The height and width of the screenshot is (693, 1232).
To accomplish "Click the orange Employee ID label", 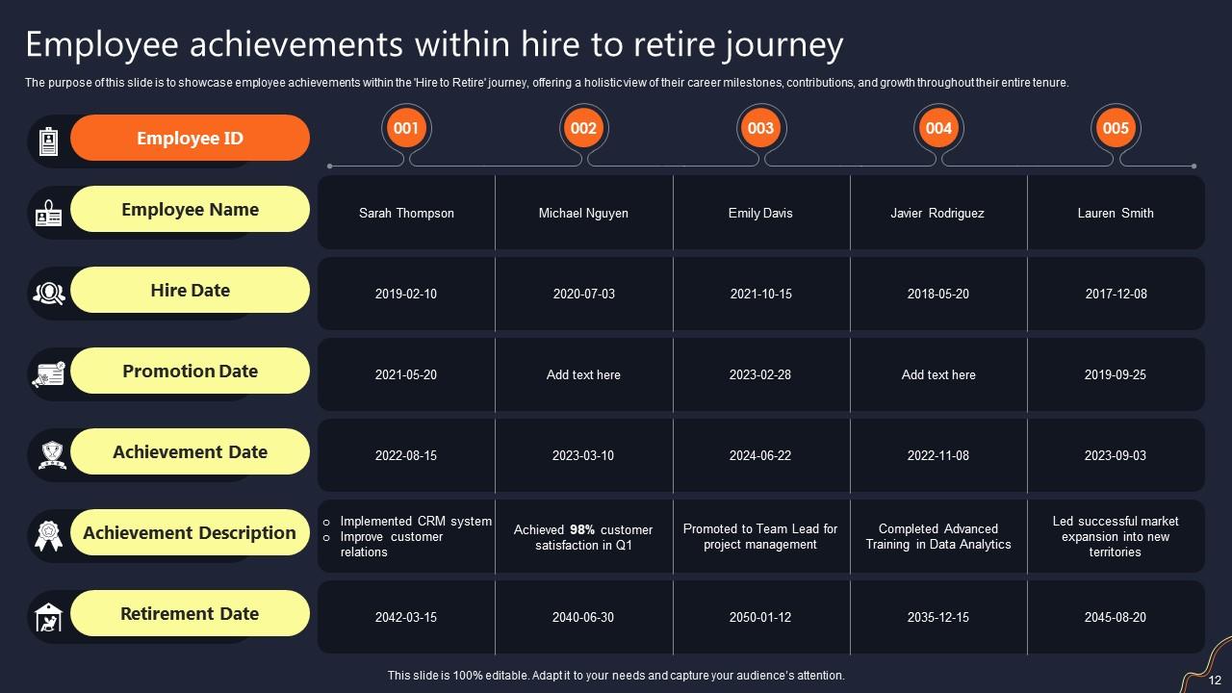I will click(x=190, y=138).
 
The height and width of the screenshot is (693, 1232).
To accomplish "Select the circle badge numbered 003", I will click(x=760, y=128).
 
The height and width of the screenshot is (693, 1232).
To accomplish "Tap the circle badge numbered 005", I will click(x=1116, y=128).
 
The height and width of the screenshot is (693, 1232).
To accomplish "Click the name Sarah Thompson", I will click(x=406, y=213).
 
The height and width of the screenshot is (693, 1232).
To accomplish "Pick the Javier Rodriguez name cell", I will click(x=937, y=213).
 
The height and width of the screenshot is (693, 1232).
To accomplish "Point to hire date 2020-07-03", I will click(x=583, y=294).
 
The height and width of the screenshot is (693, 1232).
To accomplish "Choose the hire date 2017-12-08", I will click(x=1116, y=294).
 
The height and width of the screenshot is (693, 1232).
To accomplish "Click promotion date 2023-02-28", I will click(x=760, y=374).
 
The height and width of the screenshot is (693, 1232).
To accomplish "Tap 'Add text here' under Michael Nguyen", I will click(x=583, y=374).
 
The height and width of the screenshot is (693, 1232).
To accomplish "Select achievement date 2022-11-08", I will click(x=937, y=455).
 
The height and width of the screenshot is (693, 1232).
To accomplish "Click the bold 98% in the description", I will click(x=582, y=529).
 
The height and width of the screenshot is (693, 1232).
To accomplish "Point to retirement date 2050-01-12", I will click(x=760, y=617).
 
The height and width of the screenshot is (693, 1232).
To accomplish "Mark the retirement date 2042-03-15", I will click(x=406, y=617).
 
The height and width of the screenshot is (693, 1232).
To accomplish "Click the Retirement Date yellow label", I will click(x=190, y=613).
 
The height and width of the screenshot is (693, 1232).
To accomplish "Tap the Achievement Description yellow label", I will click(x=190, y=532).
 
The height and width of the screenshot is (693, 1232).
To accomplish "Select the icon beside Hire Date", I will click(x=48, y=292).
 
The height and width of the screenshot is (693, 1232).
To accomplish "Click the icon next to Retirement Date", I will click(x=48, y=616).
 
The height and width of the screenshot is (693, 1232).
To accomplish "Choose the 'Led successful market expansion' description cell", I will click(x=1116, y=536).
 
